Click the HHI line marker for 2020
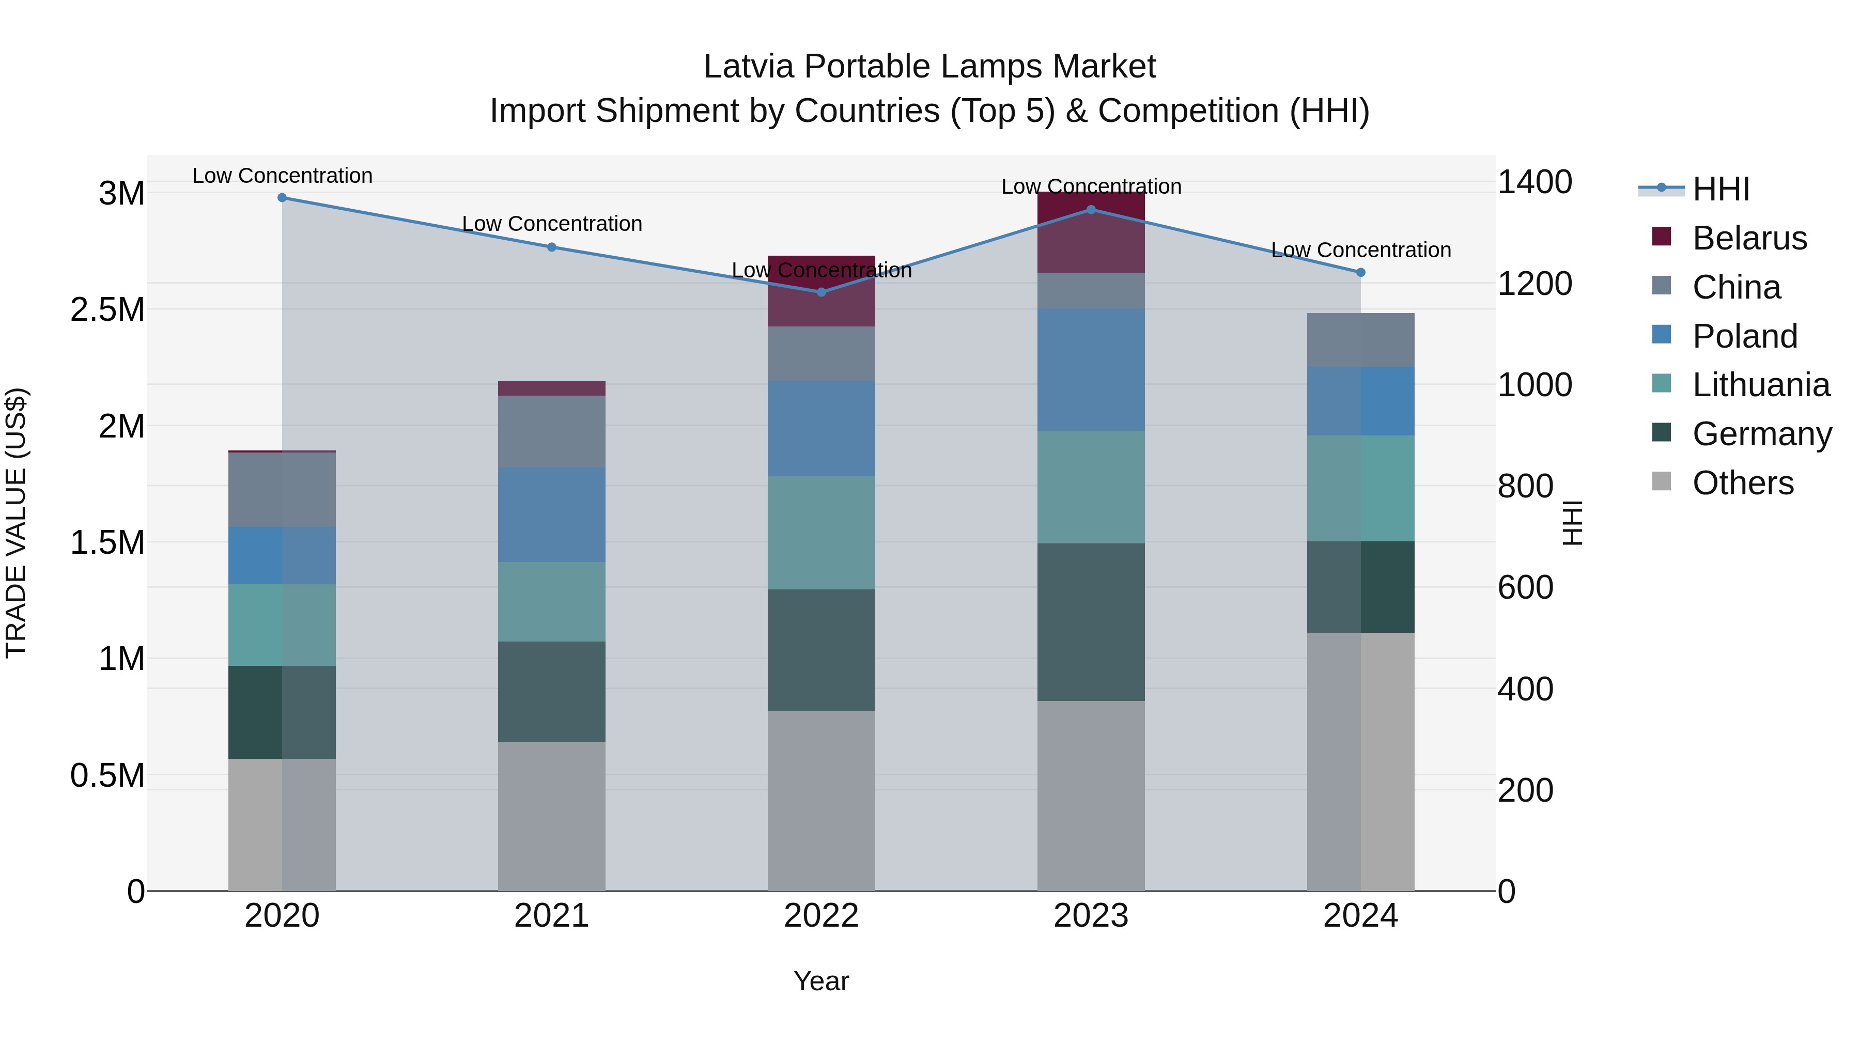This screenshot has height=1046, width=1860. pyautogui.click(x=282, y=198)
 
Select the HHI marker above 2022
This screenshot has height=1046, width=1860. pyautogui.click(x=821, y=292)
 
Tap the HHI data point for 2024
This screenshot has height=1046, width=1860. pyautogui.click(x=1360, y=273)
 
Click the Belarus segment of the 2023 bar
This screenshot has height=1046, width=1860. pyautogui.click(x=1091, y=232)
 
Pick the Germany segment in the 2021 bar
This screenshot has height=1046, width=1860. pyautogui.click(x=552, y=692)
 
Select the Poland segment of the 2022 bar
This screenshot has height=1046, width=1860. pyautogui.click(x=821, y=429)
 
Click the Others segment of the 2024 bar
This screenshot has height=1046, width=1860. pyautogui.click(x=1360, y=761)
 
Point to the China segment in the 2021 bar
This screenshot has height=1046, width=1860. pyautogui.click(x=552, y=432)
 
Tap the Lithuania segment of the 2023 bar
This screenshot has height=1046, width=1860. pyautogui.click(x=1091, y=487)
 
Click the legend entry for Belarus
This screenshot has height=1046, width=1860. pyautogui.click(x=1749, y=238)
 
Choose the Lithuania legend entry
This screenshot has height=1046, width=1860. pyautogui.click(x=1760, y=385)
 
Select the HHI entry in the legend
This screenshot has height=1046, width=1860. pyautogui.click(x=1720, y=189)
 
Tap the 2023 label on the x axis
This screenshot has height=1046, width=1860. pyautogui.click(x=1091, y=916)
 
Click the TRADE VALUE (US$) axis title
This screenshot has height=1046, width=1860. pyautogui.click(x=16, y=523)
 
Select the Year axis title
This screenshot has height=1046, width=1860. pyautogui.click(x=821, y=981)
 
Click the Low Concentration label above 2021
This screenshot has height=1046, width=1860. pyautogui.click(x=552, y=224)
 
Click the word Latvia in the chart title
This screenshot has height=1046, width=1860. pyautogui.click(x=748, y=67)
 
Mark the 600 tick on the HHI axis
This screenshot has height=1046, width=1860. pyautogui.click(x=1525, y=588)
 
